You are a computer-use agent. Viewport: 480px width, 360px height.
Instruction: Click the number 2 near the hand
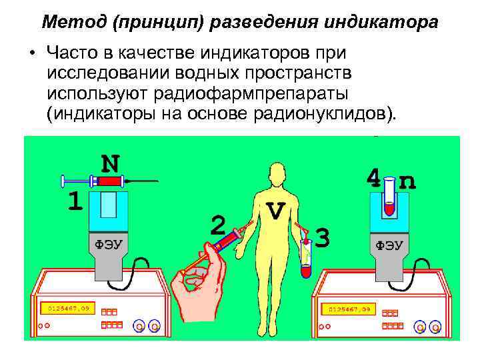(x=218, y=224)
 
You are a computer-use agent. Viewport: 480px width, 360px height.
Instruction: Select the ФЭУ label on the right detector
(x=389, y=245)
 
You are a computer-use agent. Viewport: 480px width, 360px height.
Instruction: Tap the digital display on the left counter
(x=67, y=309)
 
